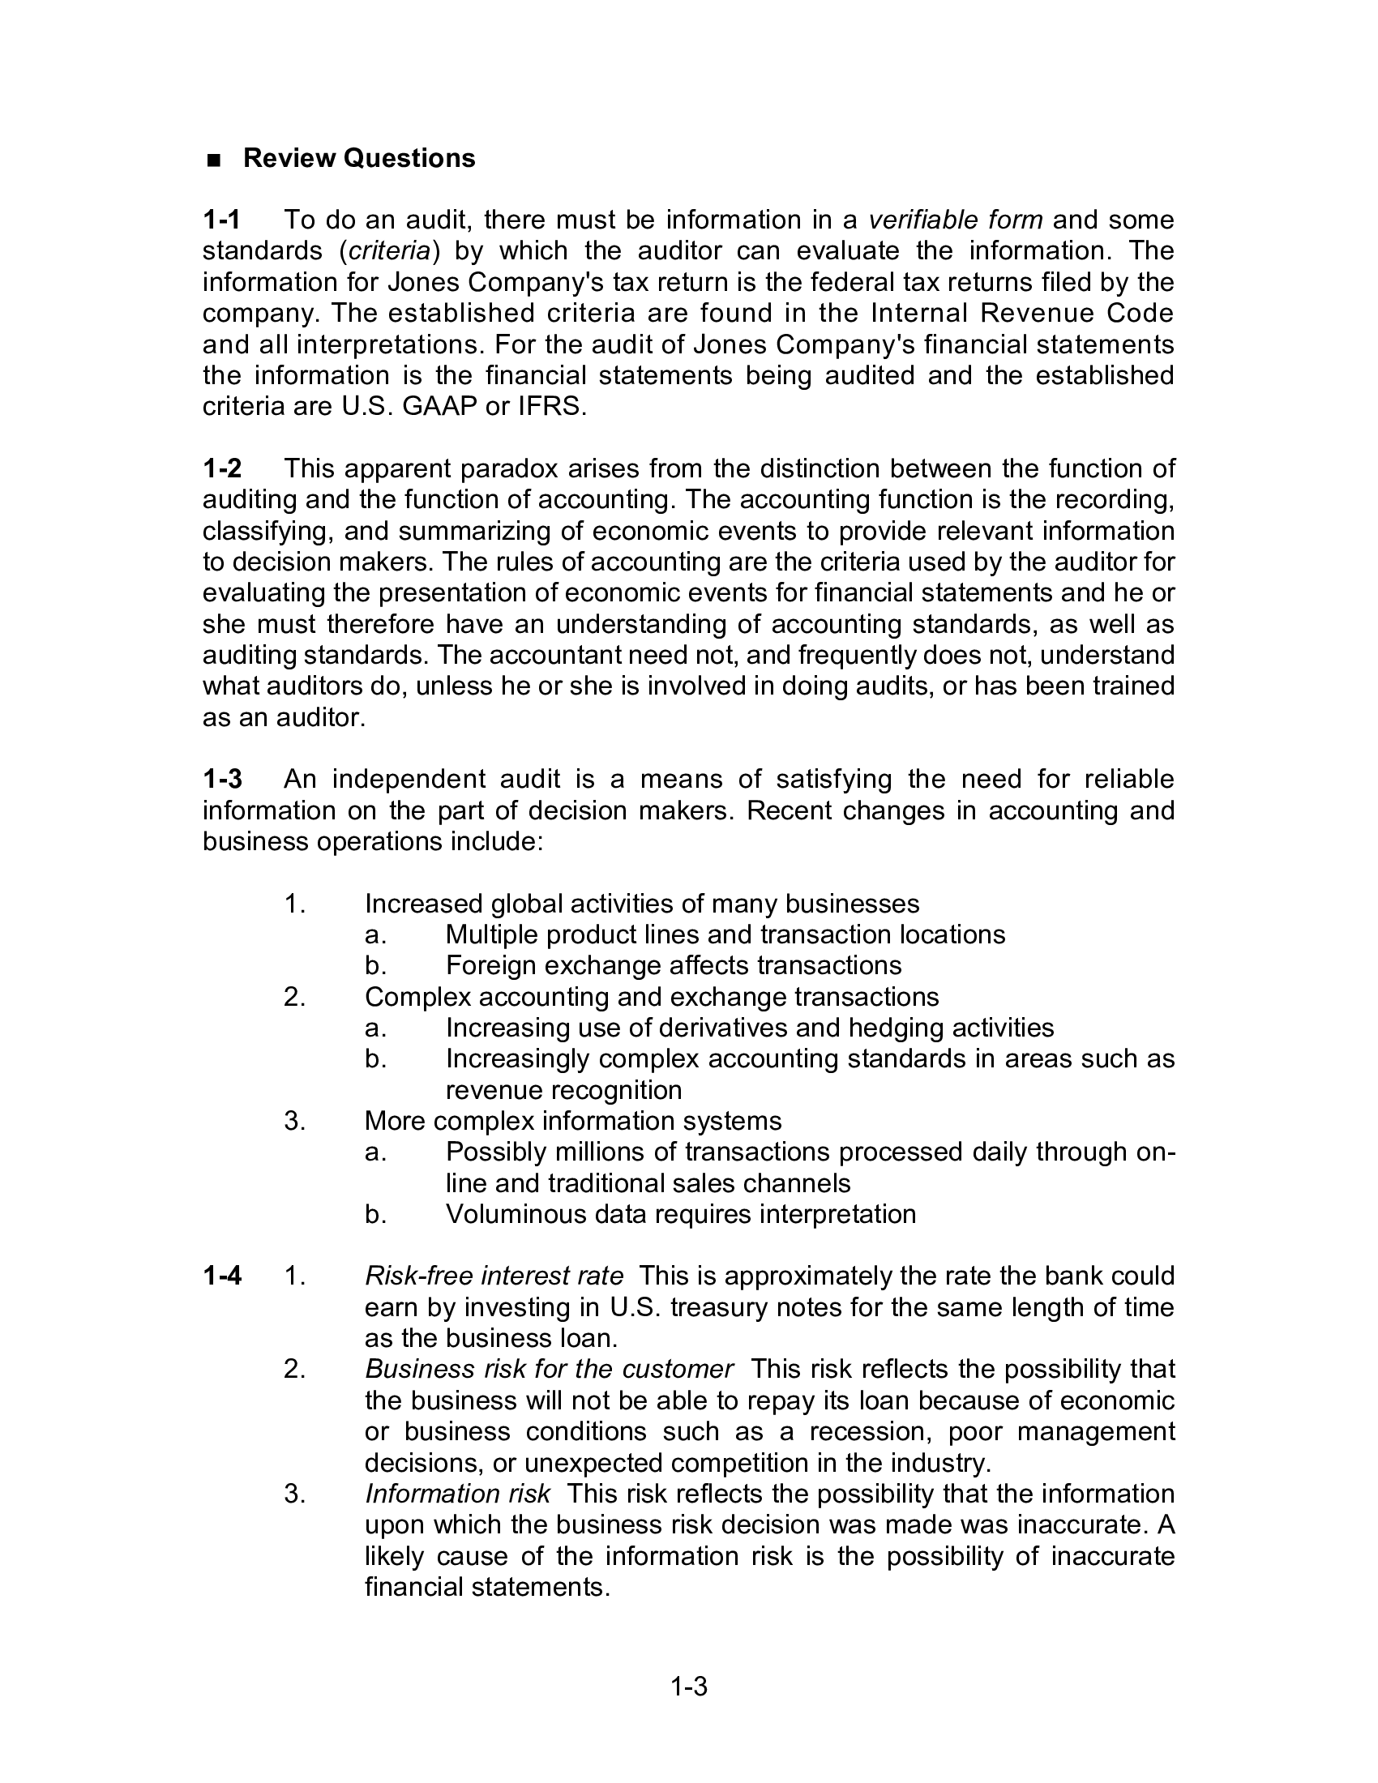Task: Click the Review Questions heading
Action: click(x=358, y=157)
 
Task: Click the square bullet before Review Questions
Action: click(x=214, y=159)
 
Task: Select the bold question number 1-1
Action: click(x=221, y=220)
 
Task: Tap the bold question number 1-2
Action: click(x=222, y=468)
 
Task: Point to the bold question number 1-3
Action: click(x=222, y=779)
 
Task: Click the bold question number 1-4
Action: click(x=222, y=1275)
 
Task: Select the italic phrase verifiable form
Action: click(x=954, y=220)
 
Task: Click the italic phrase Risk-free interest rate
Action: click(x=494, y=1275)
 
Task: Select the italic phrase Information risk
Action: click(x=457, y=1493)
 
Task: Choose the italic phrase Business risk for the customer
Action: click(x=549, y=1368)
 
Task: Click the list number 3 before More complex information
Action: click(x=294, y=1121)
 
